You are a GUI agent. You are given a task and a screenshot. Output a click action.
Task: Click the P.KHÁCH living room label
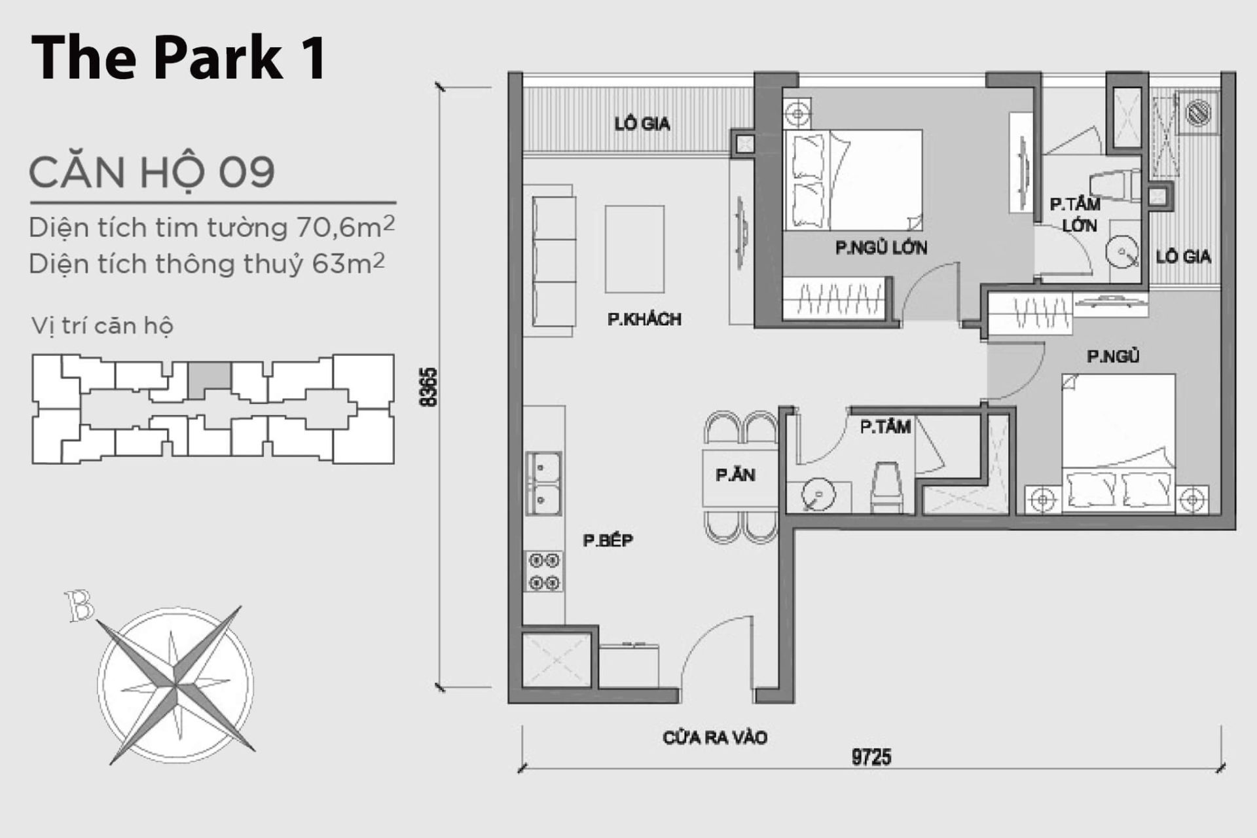coord(644,319)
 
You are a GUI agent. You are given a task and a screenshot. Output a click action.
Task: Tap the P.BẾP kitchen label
coord(608,541)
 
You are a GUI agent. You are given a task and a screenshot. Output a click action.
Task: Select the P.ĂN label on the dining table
coord(735,475)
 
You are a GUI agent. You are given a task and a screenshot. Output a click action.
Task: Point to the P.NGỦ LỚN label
coord(881,248)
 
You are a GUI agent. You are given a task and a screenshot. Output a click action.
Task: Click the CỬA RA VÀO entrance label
coord(715,738)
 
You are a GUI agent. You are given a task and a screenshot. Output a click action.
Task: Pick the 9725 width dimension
coord(871,757)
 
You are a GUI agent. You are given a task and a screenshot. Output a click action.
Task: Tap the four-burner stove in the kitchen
coord(544,571)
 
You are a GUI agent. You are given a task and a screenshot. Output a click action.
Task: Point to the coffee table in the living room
coord(634,249)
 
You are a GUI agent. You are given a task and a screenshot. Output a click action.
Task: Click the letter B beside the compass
coord(80,606)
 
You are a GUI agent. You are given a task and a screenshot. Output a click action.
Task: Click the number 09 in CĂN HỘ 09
coord(246,172)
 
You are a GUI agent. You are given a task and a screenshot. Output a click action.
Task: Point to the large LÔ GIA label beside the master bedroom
coord(642,124)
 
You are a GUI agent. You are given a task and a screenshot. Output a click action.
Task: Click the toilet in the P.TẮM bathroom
coord(887,488)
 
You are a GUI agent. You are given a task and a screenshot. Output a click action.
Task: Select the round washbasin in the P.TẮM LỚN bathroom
coord(1122,252)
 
